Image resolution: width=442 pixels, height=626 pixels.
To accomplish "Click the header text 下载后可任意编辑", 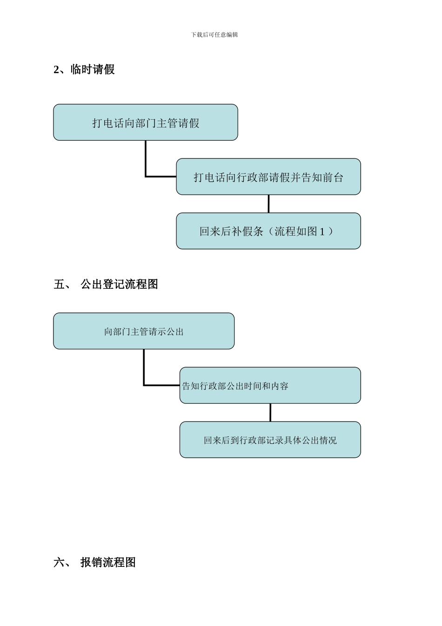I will pos(214,35).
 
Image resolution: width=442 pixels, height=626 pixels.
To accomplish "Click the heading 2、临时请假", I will pos(84,70).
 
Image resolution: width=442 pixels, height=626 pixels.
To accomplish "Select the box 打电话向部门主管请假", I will pos(146,122).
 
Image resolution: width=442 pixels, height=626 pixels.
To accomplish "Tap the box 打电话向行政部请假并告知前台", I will pos(268,177).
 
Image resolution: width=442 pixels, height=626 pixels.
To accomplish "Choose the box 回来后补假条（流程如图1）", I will pos(268,231).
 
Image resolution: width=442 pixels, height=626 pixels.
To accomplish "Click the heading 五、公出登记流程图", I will pos(106,284).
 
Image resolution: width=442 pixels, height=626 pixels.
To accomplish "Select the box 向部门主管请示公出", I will pos(144,331).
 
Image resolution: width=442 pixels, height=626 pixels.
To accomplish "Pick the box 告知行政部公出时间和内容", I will pos(270,386).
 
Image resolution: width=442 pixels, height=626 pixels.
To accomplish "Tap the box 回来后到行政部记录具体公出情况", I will pos(270,440).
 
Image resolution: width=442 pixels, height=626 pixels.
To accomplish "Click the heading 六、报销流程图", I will pos(95,562).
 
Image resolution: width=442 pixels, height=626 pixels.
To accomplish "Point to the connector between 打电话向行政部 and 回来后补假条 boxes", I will pos(268,204).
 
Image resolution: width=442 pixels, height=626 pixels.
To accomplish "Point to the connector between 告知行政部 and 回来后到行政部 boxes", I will pos(270,412).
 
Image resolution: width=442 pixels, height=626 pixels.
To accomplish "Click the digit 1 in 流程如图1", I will pos(322,231).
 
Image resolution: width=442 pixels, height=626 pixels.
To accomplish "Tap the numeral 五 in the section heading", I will pos(60,284).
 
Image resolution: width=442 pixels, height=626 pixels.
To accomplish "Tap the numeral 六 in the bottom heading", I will pos(60,562).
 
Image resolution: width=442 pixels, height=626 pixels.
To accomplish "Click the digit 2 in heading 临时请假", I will pos(57,70).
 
